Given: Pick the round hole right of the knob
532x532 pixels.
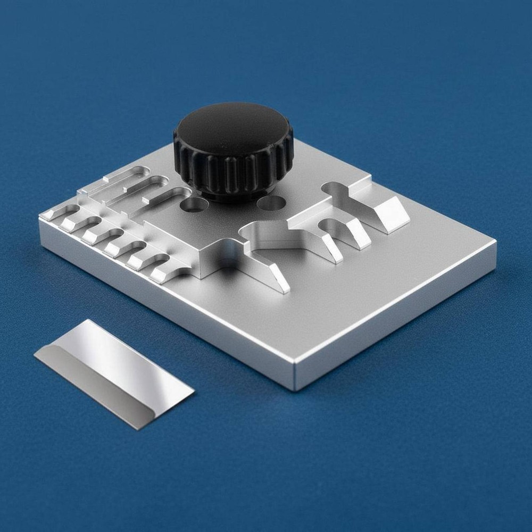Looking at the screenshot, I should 271,203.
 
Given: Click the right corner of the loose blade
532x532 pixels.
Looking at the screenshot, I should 194,393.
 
